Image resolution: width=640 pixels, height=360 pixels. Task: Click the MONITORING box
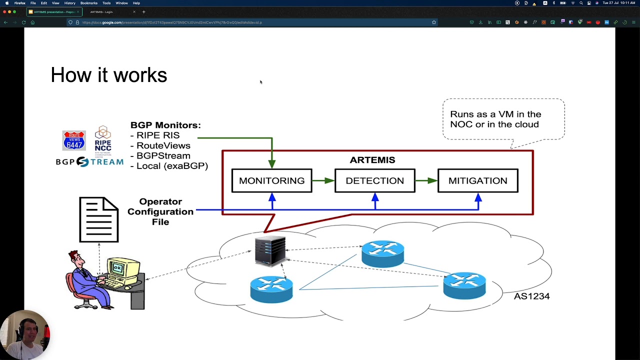271,180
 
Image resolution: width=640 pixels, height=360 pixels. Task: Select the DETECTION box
374,180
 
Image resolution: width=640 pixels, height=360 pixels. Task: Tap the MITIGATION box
477,180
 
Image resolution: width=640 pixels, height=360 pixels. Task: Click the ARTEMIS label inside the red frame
372,160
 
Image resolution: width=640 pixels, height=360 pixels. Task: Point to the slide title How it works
108,75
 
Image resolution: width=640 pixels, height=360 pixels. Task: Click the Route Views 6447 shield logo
73,140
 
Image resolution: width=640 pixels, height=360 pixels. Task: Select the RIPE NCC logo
102,140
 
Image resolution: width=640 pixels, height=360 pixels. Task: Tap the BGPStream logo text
89,162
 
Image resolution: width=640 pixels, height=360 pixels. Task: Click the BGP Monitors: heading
165,125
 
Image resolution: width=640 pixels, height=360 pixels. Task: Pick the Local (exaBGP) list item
172,165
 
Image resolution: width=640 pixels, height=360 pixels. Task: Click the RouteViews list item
163,145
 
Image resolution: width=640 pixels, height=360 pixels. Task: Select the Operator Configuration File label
160,211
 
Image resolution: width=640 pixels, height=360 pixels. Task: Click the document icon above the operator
99,219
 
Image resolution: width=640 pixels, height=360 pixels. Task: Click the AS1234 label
531,296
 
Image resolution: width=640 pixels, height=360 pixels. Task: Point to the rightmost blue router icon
464,285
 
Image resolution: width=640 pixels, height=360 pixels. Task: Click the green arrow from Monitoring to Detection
323,180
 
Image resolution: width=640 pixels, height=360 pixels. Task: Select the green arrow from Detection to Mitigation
426,180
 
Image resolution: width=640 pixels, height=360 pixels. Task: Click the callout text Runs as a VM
495,119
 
